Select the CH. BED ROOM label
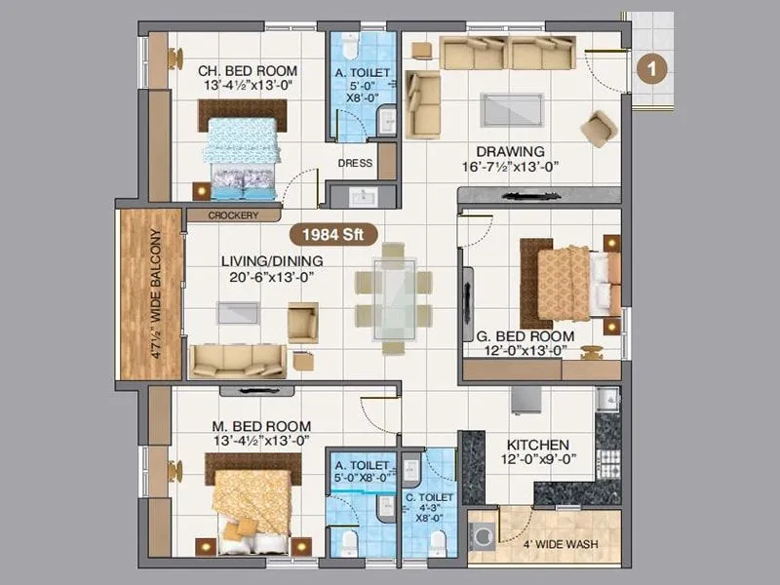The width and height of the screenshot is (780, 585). click(x=248, y=71)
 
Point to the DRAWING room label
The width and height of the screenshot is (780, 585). click(x=510, y=151)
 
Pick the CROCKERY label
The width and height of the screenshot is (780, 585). click(x=233, y=215)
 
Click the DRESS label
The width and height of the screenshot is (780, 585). click(x=355, y=163)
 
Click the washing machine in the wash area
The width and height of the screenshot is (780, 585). click(x=484, y=535)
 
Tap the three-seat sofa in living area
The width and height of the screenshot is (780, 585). click(x=237, y=360)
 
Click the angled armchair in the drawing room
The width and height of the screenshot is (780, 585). click(x=598, y=128)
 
